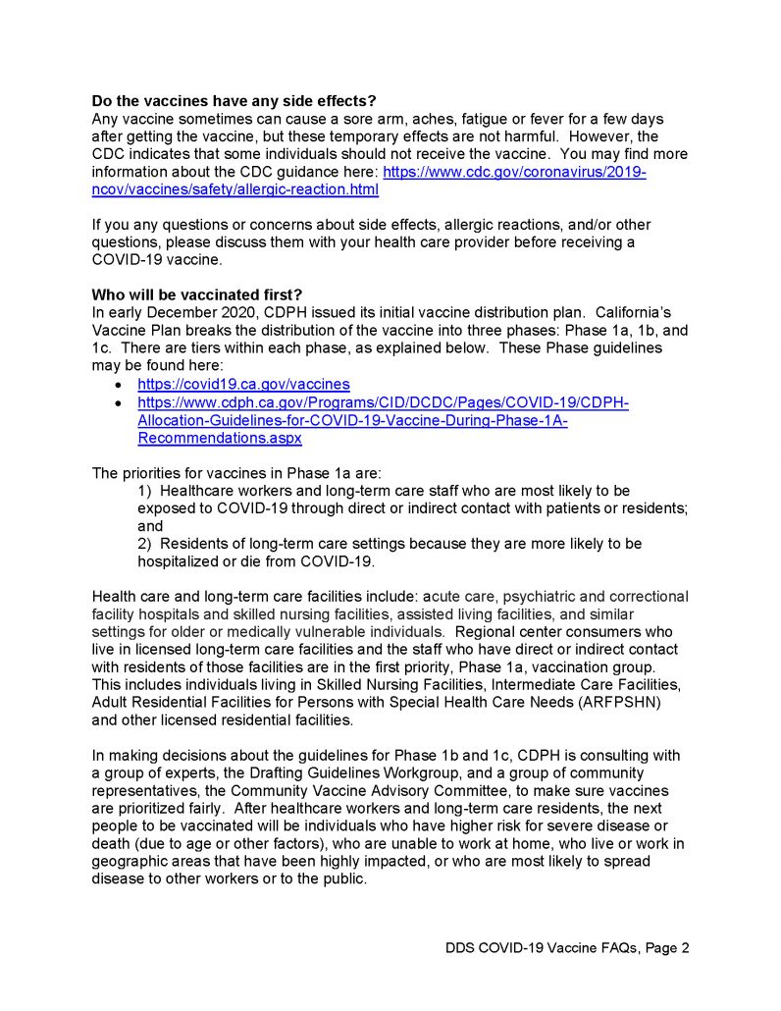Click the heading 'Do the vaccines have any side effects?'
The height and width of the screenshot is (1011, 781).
234,101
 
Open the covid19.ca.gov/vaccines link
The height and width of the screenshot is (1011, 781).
243,384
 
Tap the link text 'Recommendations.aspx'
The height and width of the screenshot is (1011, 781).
220,438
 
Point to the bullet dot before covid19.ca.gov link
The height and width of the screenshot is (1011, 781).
119,385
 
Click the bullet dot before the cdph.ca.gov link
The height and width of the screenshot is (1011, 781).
119,403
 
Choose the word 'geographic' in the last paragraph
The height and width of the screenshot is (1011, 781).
131,862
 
